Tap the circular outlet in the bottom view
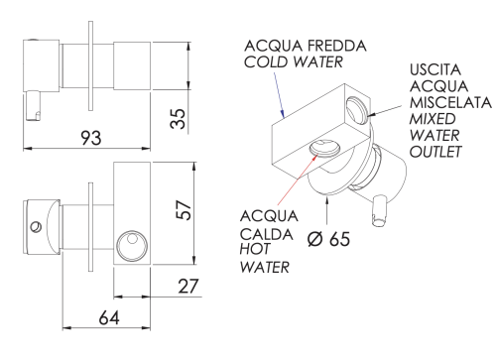pyautogui.click(x=130, y=243)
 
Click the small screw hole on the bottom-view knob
pyautogui.click(x=36, y=227)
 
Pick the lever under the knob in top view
pyautogui.click(x=36, y=103)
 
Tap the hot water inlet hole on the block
pyautogui.click(x=324, y=149)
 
